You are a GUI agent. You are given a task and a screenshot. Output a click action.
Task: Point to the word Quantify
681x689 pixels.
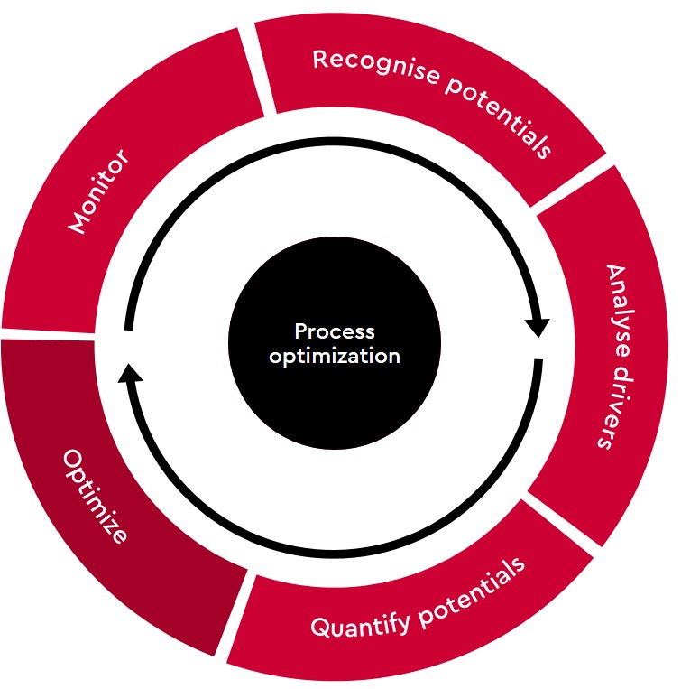[x=360, y=624]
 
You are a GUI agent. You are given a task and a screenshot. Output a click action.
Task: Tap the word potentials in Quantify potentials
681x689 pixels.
[x=471, y=591]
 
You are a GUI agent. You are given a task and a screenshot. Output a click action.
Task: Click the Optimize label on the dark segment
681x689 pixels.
[x=96, y=496]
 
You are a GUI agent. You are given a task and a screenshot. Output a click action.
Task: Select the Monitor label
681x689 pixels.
[x=98, y=191]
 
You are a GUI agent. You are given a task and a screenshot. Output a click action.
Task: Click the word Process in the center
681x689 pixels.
[x=335, y=331]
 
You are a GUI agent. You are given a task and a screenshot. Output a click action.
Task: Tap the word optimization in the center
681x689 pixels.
[x=335, y=356]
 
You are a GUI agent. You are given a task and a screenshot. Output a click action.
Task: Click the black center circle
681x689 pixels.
[x=335, y=343]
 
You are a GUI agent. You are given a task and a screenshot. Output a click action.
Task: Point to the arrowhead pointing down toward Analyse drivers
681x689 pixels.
[x=538, y=328]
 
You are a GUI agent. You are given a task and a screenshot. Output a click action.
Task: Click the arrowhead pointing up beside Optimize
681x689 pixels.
[x=130, y=374]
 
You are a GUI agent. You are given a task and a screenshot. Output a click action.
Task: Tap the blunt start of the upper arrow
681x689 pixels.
[x=129, y=327]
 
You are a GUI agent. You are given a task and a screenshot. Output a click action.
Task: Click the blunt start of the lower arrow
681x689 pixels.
[x=538, y=362]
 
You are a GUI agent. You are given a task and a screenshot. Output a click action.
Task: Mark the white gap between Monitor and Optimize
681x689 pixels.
[x=48, y=335]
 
